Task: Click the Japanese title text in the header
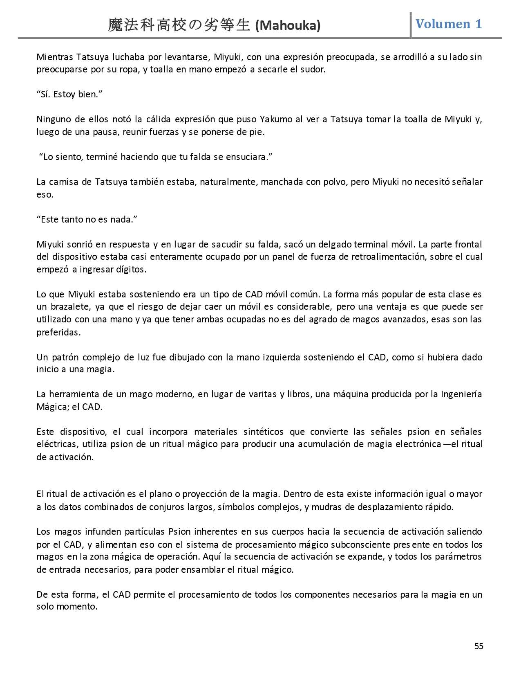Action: tap(179, 25)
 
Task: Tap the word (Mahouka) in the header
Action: tap(288, 26)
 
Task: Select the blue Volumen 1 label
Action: tap(449, 24)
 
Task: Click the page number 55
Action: tap(479, 646)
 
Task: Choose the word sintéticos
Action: tap(264, 432)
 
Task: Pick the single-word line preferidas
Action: tap(58, 332)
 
